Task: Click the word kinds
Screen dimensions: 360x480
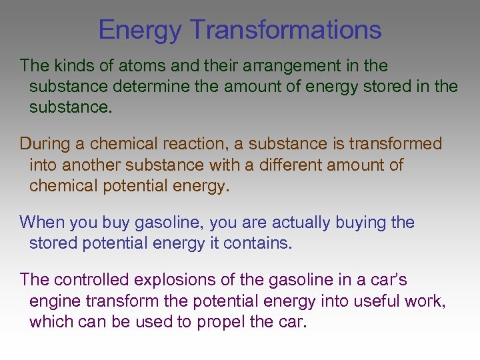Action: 73,66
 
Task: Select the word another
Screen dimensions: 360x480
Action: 87,164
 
